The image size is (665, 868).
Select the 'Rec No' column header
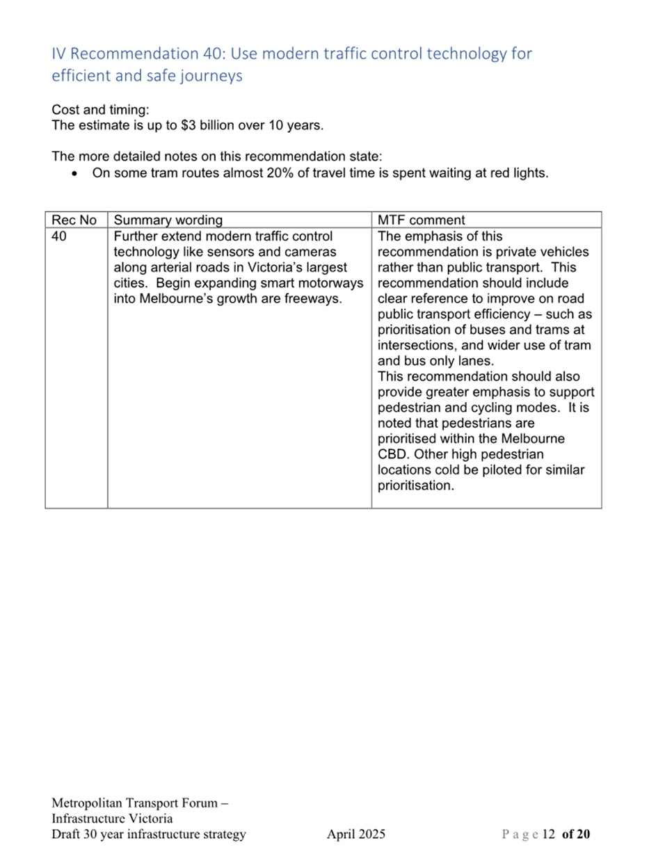74,220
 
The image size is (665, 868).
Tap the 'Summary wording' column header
168,220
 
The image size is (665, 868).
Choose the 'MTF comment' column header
421,220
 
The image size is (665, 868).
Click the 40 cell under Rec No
59,236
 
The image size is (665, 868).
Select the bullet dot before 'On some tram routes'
74,174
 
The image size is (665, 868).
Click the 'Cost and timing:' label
100,110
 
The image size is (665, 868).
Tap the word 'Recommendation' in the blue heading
134,54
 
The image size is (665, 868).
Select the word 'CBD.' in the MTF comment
394,455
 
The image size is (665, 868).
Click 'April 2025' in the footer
356,834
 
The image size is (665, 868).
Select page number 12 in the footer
548,834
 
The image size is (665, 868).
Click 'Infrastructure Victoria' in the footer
112,819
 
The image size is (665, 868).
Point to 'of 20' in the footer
576,834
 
